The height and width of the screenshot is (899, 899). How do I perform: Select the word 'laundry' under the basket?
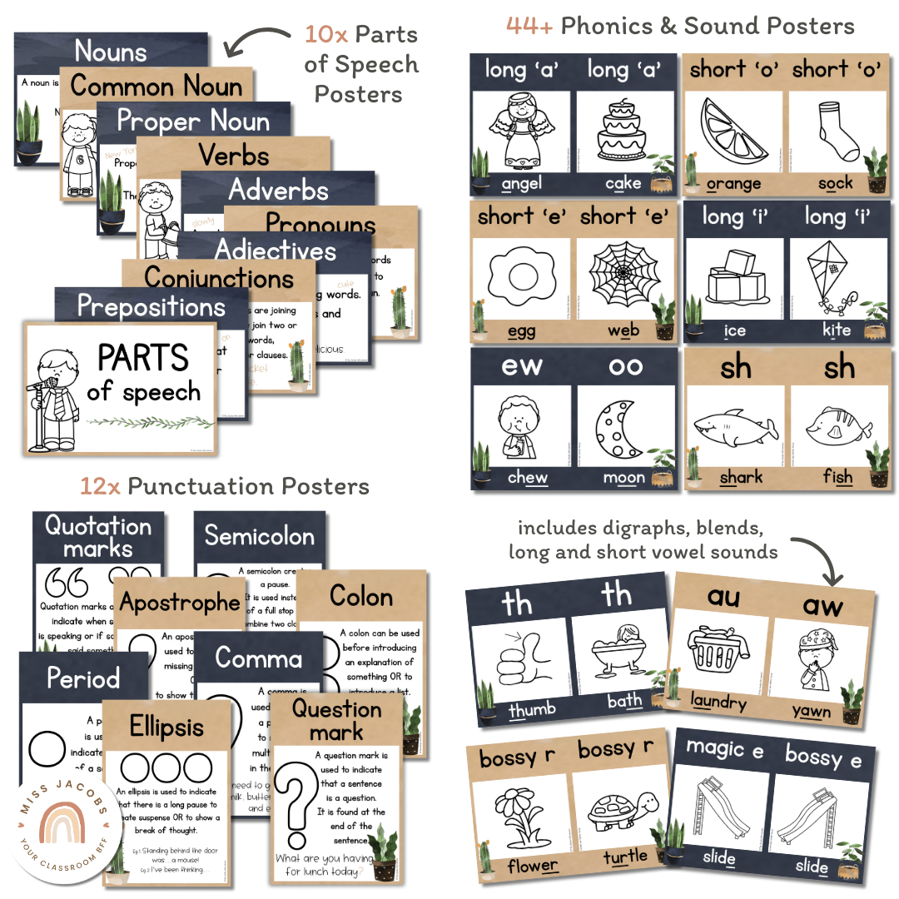click(718, 703)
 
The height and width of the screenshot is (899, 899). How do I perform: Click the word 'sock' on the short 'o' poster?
click(835, 182)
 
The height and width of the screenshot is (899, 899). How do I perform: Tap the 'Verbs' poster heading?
click(234, 155)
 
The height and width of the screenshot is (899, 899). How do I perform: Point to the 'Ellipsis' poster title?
click(166, 727)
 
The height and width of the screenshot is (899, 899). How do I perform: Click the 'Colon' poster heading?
click(361, 596)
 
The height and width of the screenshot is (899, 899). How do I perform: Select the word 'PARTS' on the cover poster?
click(143, 358)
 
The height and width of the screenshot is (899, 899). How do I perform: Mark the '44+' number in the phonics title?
click(529, 26)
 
